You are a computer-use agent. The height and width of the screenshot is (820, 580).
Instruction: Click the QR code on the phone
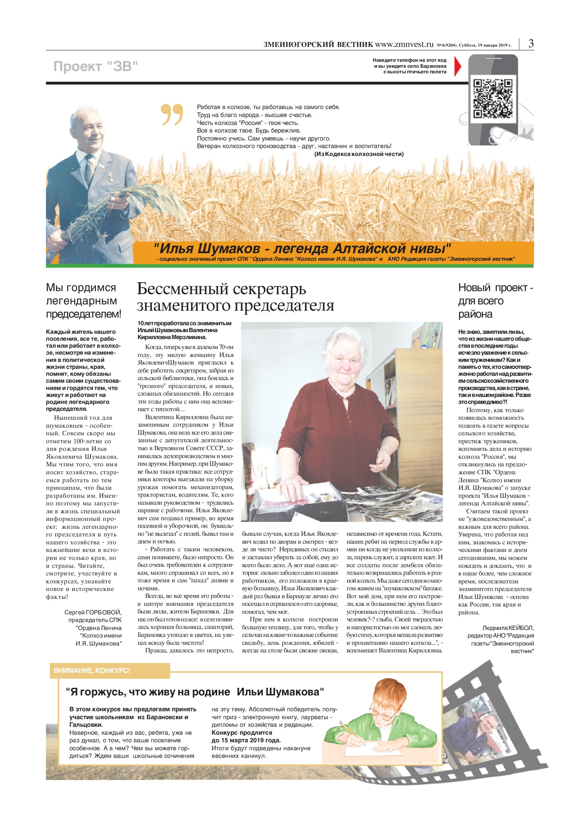(x=493, y=98)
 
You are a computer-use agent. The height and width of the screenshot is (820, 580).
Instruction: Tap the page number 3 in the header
(x=531, y=44)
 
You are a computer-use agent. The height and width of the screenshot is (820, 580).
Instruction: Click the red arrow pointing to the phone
(x=457, y=66)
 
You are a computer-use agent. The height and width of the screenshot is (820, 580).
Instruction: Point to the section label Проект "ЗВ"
(x=96, y=66)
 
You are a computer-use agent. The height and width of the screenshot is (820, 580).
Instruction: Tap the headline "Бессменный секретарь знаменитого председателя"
(x=235, y=297)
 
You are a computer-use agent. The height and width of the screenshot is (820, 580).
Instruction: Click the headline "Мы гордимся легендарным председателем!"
(x=84, y=301)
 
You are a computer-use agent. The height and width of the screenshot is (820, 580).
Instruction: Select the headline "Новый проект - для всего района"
(x=495, y=301)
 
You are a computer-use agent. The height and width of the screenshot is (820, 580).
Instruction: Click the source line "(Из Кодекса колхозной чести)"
(x=359, y=154)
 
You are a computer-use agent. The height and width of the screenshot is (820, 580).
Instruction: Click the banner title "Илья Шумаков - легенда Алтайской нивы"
(x=302, y=248)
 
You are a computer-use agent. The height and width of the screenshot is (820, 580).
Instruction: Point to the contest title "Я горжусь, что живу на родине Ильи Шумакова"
(x=195, y=692)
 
